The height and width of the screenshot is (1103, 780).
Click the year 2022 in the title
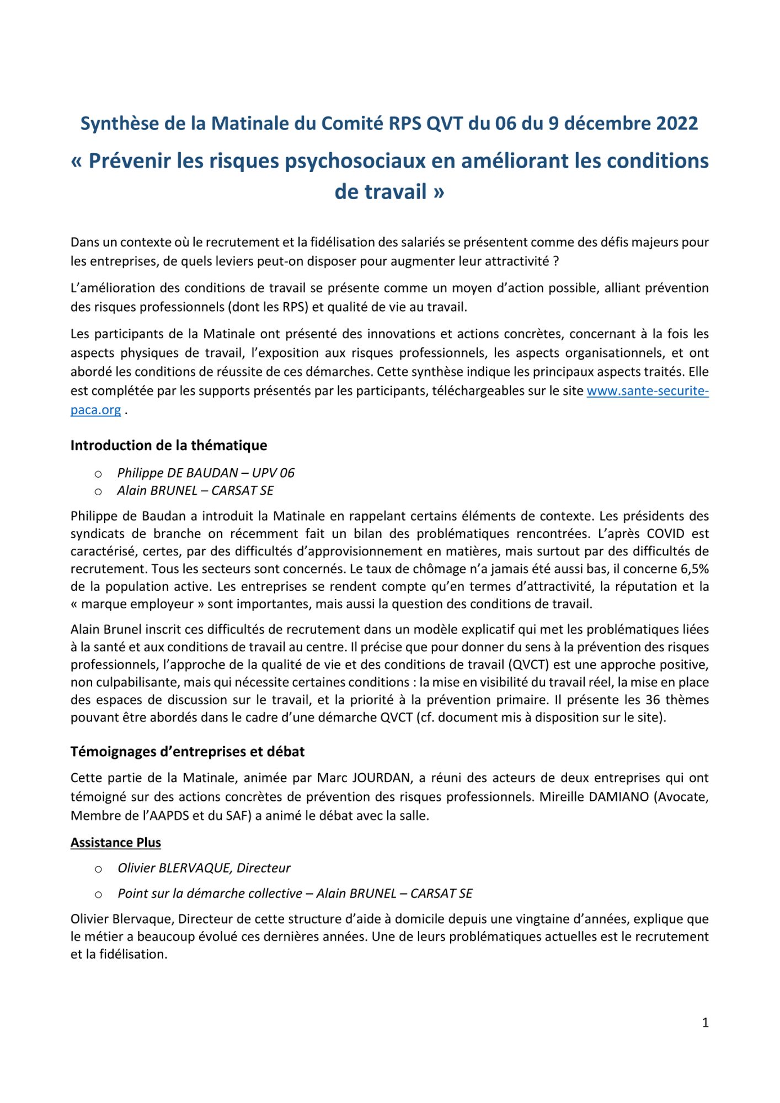[677, 123]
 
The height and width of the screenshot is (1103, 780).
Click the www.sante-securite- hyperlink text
[647, 391]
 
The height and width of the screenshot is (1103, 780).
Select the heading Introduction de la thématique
[169, 445]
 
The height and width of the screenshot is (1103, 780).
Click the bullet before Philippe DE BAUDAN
[98, 474]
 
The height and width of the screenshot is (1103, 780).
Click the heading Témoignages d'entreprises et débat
[188, 752]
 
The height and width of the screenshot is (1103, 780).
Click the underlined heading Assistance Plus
[116, 843]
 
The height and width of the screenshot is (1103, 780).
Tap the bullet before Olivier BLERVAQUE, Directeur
[98, 869]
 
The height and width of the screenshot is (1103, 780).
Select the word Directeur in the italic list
[263, 868]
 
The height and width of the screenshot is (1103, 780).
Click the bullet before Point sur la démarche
[98, 895]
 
